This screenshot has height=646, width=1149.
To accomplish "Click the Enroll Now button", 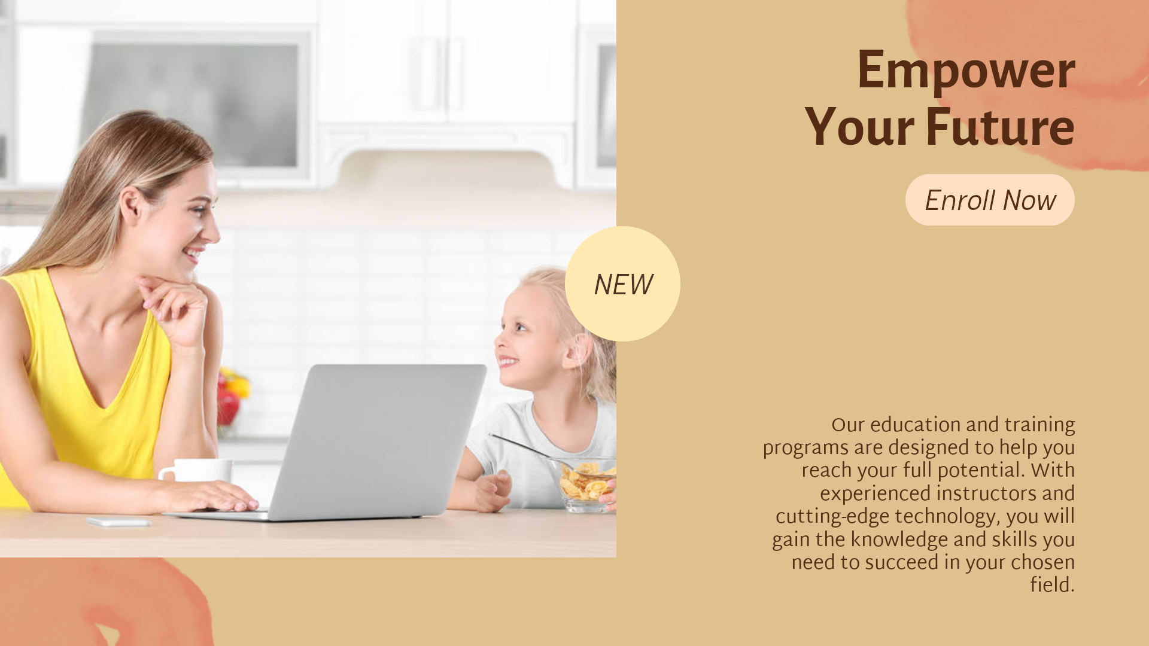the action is [990, 200].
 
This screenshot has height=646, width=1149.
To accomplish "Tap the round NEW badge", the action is [622, 284].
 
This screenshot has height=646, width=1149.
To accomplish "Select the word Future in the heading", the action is [1000, 127].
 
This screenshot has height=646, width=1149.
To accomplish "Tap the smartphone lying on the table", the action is [118, 522].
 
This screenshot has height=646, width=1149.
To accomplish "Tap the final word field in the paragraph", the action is [1052, 585].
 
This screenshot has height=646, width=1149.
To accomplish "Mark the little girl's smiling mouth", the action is [507, 361].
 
